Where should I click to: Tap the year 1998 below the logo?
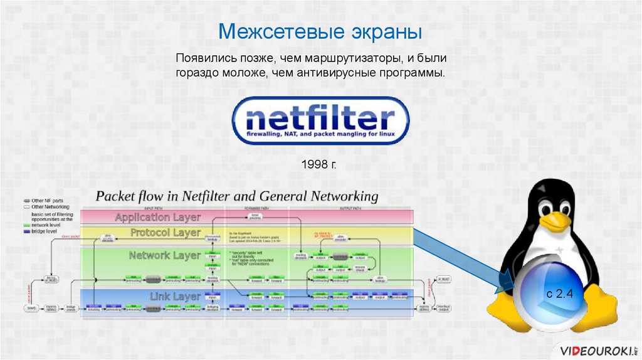[x=314, y=165]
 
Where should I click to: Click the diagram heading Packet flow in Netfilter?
[x=236, y=196]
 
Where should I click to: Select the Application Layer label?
[x=157, y=217]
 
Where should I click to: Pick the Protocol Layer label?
[x=166, y=233]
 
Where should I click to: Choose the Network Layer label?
[x=164, y=255]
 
